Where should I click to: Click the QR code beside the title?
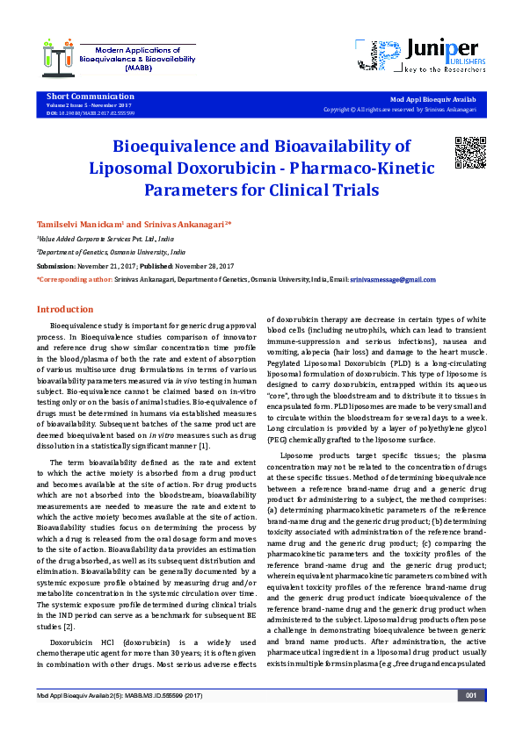coord(470,153)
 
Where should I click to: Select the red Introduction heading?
coord(64,310)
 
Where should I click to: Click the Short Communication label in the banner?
coord(78,96)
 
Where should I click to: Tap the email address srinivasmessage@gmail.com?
coord(392,279)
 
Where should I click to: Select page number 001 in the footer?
coord(471,721)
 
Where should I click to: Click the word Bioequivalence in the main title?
coord(182,147)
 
